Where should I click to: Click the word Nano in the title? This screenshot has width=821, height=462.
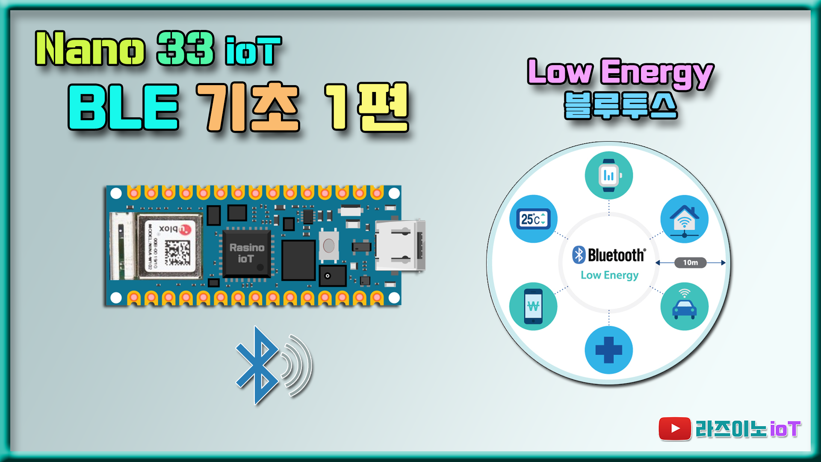(90, 49)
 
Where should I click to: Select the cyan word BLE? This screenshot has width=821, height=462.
(123, 107)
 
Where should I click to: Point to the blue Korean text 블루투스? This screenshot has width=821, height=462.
(620, 105)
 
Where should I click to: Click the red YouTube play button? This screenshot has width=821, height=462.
(674, 429)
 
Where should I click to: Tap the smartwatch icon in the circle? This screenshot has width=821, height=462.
(608, 175)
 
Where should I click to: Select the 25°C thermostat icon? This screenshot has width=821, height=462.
(533, 219)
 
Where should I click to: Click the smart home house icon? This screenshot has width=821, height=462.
(684, 219)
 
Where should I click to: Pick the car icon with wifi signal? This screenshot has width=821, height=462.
(684, 306)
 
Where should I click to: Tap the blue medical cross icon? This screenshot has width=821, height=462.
(608, 350)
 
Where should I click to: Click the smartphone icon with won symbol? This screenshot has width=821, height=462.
(533, 306)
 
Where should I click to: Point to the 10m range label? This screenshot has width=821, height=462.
(690, 263)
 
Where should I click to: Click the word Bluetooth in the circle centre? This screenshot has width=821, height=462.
(616, 255)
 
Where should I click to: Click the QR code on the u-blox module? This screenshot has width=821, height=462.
(177, 253)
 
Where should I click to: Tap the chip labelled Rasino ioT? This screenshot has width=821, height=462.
(247, 253)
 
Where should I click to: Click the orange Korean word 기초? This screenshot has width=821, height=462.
(248, 107)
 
